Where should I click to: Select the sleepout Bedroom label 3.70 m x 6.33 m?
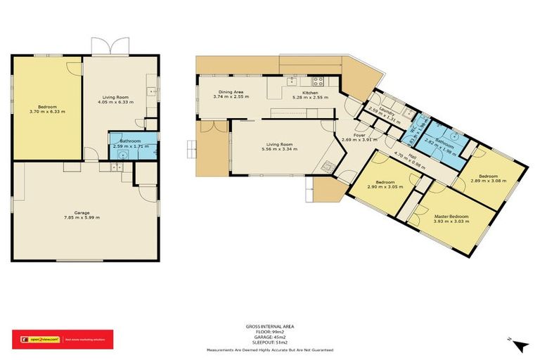pyautogui.click(x=47, y=106)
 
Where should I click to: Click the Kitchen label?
pyautogui.click(x=311, y=92)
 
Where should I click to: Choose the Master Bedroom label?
pyautogui.click(x=451, y=215)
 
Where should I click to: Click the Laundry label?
pyautogui.click(x=385, y=114)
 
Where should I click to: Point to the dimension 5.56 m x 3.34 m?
pyautogui.click(x=276, y=149)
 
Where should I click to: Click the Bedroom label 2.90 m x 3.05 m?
pyautogui.click(x=384, y=181)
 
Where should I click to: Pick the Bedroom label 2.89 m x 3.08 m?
pyautogui.click(x=488, y=176)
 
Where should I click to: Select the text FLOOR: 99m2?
pyautogui.click(x=270, y=331)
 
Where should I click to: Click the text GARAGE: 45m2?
pyautogui.click(x=270, y=336)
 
